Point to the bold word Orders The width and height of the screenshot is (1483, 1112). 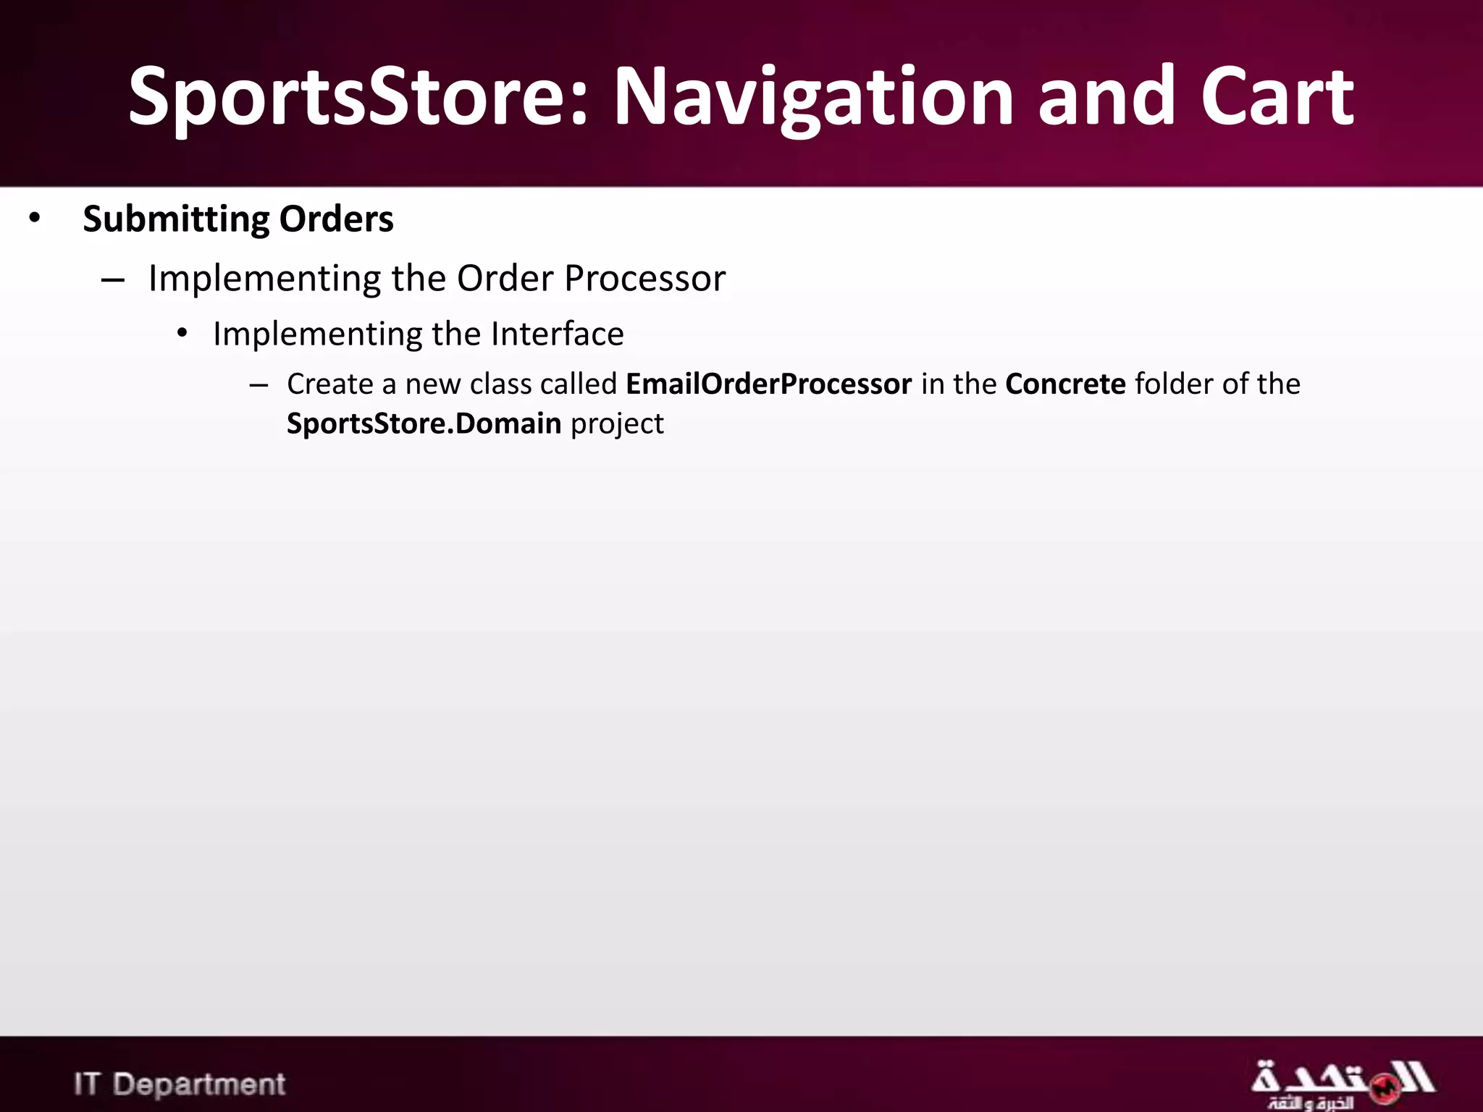click(336, 219)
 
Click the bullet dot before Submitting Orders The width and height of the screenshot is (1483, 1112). click(35, 219)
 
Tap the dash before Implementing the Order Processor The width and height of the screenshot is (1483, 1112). click(113, 280)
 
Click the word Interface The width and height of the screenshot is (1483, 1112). click(557, 334)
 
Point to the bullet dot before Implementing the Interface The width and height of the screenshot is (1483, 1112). click(182, 334)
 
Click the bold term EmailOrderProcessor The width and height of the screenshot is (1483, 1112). click(768, 384)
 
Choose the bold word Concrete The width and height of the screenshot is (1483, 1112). click(1065, 384)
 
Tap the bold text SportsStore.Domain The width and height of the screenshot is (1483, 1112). click(424, 424)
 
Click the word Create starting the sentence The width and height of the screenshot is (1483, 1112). click(329, 384)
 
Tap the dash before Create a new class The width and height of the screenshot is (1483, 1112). click(259, 385)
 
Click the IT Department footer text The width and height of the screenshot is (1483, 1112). click(180, 1084)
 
